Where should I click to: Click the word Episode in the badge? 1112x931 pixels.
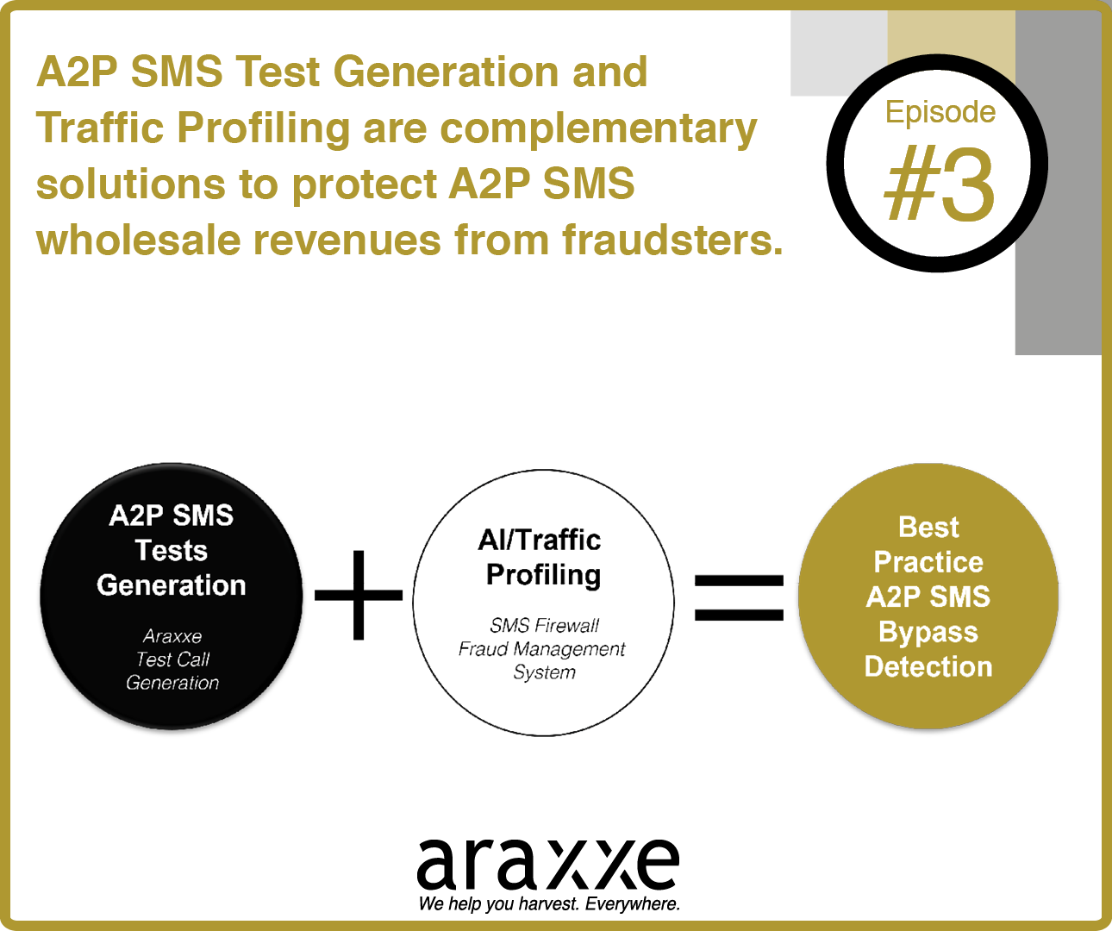point(940,113)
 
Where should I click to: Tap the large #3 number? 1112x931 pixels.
point(940,184)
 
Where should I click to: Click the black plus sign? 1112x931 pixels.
point(359,595)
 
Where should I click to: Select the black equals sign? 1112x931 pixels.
point(740,597)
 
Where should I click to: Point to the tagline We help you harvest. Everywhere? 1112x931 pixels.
point(549,903)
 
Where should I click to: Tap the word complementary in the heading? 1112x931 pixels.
point(598,130)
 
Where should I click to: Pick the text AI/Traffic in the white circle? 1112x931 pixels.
point(540,540)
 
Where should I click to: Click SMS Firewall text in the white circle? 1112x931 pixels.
point(544,625)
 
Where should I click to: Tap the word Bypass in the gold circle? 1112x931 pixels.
point(928,633)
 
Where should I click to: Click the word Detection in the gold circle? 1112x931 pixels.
point(928,666)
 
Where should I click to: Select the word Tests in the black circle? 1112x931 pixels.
point(171,550)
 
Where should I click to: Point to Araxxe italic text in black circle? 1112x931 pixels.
point(172,636)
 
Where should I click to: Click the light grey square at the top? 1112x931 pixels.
point(839,53)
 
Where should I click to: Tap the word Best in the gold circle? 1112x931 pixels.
point(928,528)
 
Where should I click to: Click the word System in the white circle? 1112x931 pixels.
point(544,672)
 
